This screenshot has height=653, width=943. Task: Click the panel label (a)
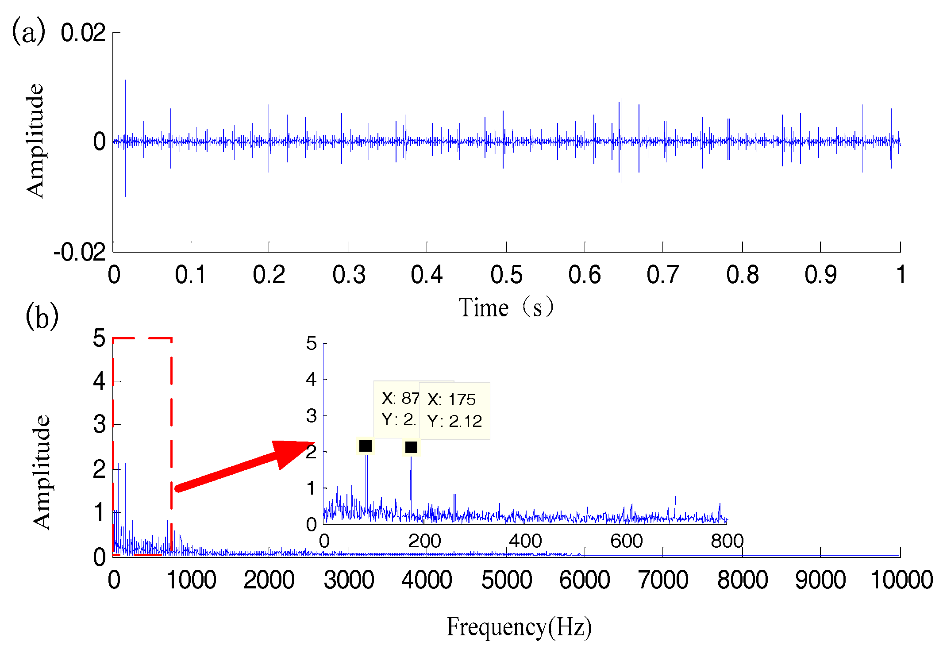tap(28, 31)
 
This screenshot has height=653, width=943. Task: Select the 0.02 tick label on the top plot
tap(83, 33)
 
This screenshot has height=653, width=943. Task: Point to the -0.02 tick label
tap(80, 253)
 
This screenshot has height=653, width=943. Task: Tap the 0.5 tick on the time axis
tap(506, 275)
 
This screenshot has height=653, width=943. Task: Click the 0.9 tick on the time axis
tap(820, 275)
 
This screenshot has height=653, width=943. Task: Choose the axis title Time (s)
tap(506, 307)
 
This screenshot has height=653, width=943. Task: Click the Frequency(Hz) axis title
tap(519, 627)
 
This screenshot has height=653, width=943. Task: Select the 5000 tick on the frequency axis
tap(506, 580)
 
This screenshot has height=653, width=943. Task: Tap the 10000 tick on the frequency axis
tap(901, 580)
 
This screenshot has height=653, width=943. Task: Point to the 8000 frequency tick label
tap(742, 580)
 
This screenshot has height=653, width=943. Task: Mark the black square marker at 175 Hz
tap(411, 447)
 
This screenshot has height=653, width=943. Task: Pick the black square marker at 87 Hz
tap(365, 446)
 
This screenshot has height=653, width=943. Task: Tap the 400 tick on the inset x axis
tap(525, 541)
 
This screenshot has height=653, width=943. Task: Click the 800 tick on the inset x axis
tap(727, 541)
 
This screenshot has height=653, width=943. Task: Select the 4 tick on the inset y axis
tap(312, 380)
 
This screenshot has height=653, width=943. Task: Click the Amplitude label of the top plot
tap(35, 141)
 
